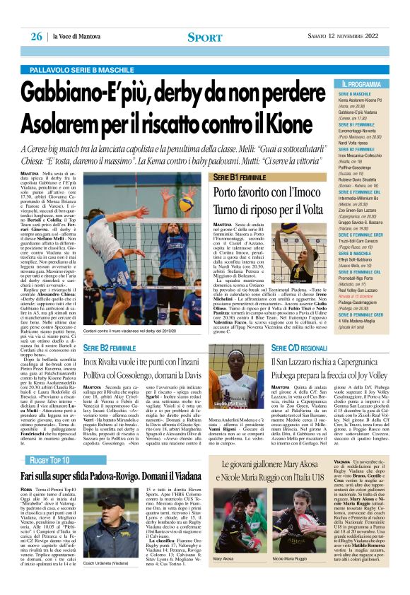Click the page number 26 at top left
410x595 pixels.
click(35, 36)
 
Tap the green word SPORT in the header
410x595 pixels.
click(205, 37)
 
